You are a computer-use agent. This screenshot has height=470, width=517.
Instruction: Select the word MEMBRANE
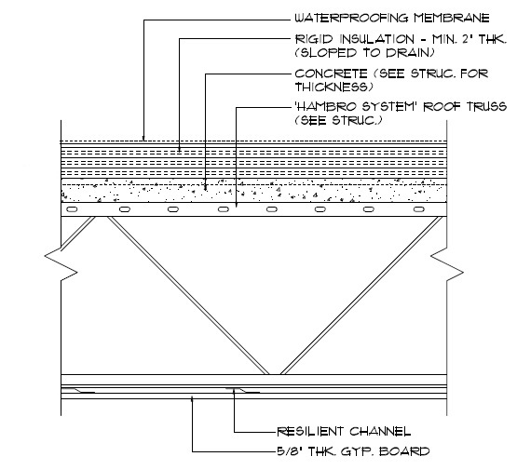click(x=452, y=18)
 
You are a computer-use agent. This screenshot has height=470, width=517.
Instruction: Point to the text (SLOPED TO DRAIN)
click(x=364, y=53)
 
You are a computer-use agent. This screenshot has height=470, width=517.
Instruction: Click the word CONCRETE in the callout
click(x=331, y=74)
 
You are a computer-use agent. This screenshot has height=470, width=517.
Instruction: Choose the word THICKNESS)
click(x=334, y=87)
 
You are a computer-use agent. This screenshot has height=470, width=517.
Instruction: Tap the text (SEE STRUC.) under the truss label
click(x=339, y=120)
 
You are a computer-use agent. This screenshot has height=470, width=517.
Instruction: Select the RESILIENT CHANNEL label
click(x=344, y=431)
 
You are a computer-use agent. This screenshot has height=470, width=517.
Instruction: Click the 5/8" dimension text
click(x=290, y=450)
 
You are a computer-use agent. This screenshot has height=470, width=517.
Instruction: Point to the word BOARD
click(x=405, y=450)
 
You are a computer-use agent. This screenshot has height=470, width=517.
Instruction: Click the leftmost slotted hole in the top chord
click(x=72, y=209)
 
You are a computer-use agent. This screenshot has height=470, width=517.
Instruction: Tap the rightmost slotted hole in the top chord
click(x=419, y=209)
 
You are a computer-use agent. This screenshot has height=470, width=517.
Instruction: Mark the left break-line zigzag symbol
click(x=61, y=263)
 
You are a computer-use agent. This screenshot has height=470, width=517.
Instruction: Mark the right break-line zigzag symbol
click(x=447, y=263)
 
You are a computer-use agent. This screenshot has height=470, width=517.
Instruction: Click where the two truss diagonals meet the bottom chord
click(x=274, y=374)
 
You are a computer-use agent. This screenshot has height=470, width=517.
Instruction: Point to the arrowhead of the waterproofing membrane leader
click(x=143, y=139)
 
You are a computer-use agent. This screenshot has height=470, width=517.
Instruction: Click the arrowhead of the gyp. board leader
click(x=192, y=400)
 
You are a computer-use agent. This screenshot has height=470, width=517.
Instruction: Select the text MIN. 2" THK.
click(x=469, y=39)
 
